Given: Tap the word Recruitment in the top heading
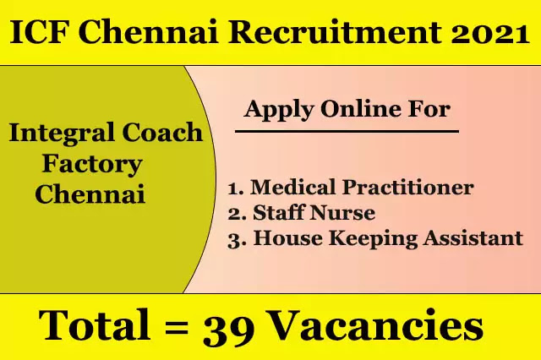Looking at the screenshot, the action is pyautogui.click(x=335, y=32).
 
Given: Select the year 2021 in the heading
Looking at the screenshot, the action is pyautogui.click(x=490, y=33).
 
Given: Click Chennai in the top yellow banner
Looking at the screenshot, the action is pyautogui.click(x=150, y=32).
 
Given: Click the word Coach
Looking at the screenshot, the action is pyautogui.click(x=162, y=133).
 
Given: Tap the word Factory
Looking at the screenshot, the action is pyautogui.click(x=92, y=165).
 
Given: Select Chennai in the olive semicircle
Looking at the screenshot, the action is pyautogui.click(x=90, y=194).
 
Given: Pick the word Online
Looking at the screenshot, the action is pyautogui.click(x=361, y=109).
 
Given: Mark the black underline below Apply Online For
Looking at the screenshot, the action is pyautogui.click(x=347, y=131).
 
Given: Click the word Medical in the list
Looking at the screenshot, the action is pyautogui.click(x=293, y=187).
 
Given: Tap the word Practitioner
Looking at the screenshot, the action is pyautogui.click(x=407, y=188).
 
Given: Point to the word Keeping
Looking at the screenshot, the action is pyautogui.click(x=374, y=238).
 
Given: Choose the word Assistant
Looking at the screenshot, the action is pyautogui.click(x=473, y=238).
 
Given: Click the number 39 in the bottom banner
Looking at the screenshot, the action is pyautogui.click(x=229, y=328).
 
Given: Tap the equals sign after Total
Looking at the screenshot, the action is pyautogui.click(x=177, y=328).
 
